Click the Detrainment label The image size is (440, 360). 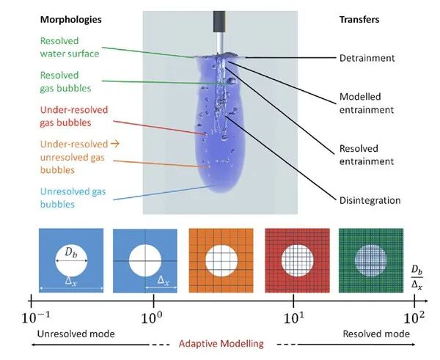tap(367, 57)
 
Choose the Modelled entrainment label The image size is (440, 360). tap(367, 103)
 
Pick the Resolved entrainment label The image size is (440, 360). tap(367, 155)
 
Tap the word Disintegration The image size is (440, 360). tap(370, 199)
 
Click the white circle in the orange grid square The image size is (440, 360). tap(220, 260)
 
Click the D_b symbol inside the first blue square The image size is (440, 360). tap(70, 253)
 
